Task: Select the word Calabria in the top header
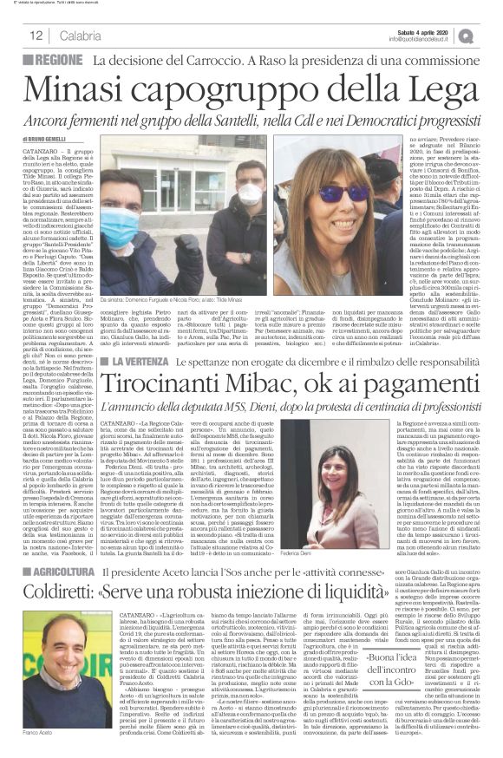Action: coord(81,36)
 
